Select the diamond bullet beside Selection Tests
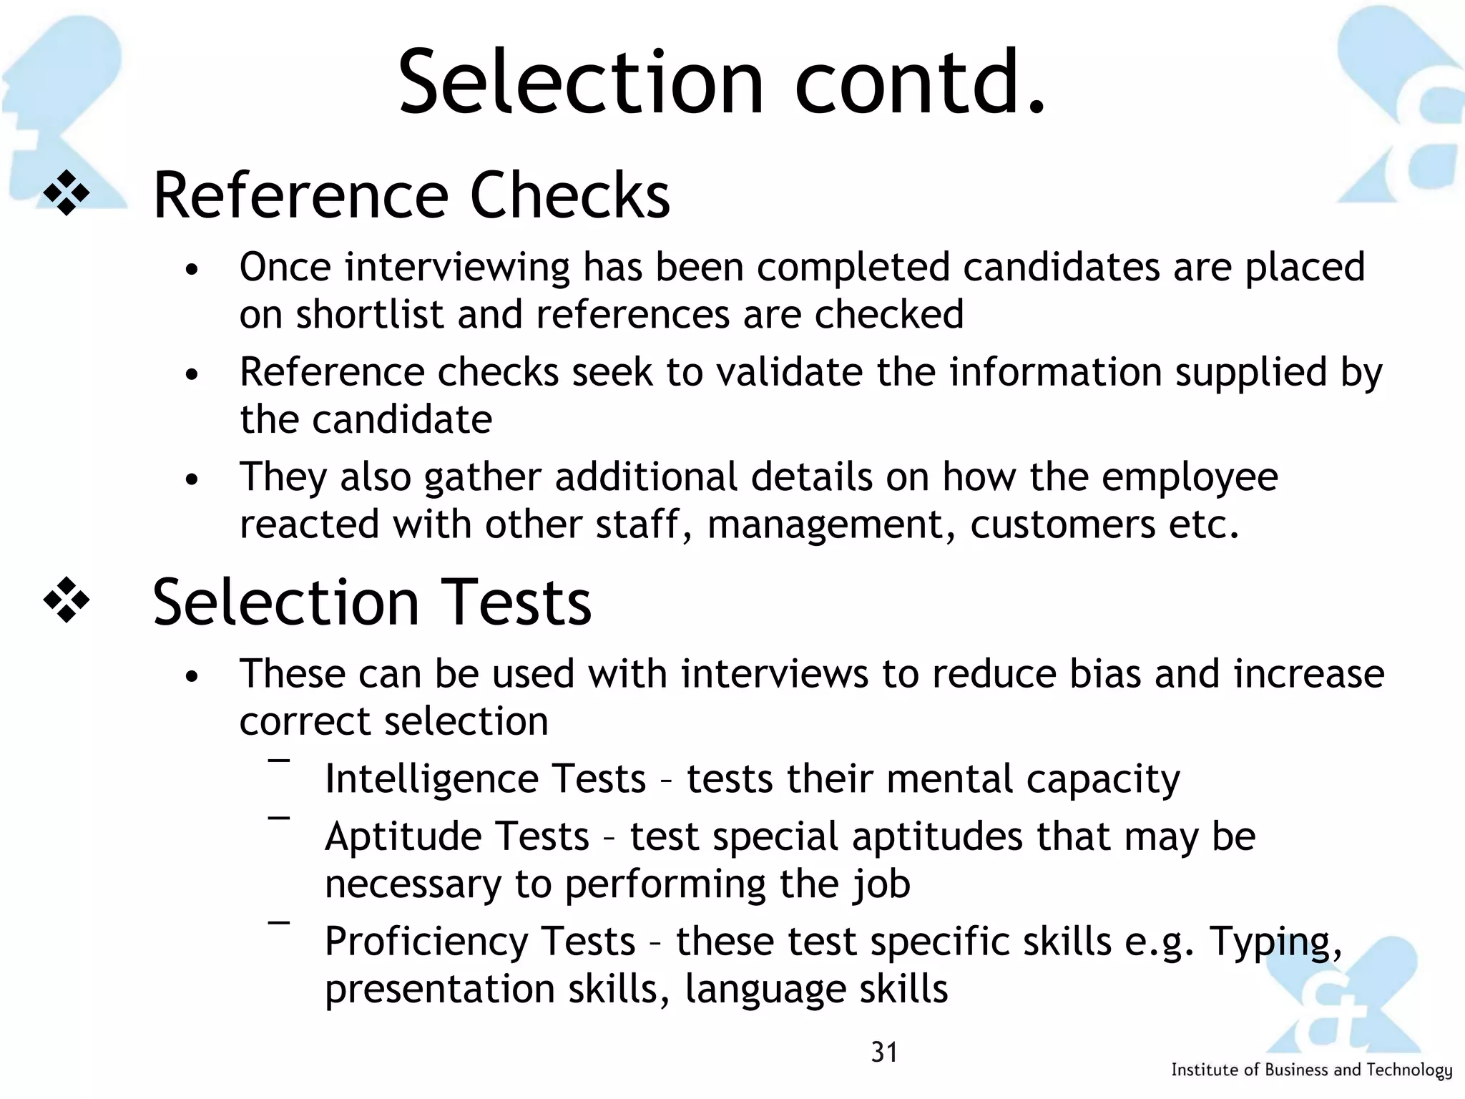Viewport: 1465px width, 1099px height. tap(67, 600)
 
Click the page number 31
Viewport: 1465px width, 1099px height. tap(884, 1052)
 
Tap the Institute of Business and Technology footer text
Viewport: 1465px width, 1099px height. tap(1311, 1070)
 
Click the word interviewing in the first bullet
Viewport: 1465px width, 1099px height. tap(457, 268)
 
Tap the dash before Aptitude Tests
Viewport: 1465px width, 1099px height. tap(279, 818)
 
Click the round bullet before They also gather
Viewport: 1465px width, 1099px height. tap(190, 479)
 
